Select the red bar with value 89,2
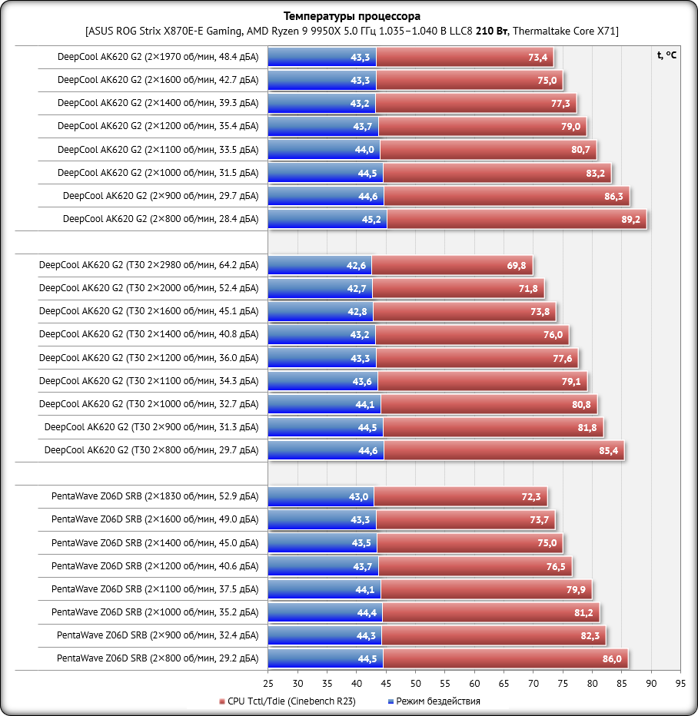click(515, 220)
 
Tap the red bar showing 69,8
click(454, 266)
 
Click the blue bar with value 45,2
click(327, 220)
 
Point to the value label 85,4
click(609, 450)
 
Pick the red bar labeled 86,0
click(505, 658)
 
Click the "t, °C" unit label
click(667, 55)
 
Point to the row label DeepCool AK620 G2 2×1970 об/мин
click(158, 57)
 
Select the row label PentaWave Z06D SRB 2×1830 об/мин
click(155, 496)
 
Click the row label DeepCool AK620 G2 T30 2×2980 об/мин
click(148, 266)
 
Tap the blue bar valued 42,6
click(320, 266)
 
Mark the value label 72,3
click(531, 497)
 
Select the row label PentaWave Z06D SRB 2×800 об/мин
click(158, 658)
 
